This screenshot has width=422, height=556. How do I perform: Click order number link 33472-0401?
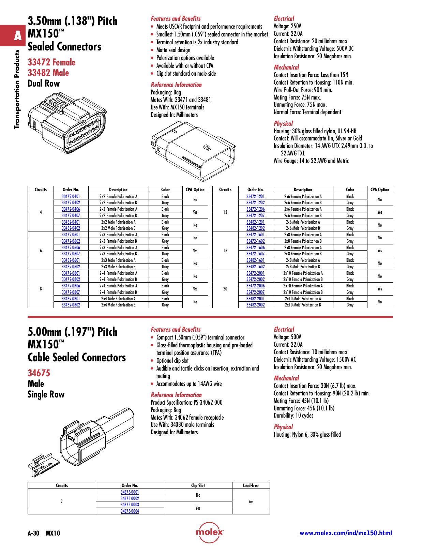(71, 196)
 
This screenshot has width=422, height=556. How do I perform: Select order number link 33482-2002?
(255, 305)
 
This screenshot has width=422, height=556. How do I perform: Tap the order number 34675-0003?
(130, 505)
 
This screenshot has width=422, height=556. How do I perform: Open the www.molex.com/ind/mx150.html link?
(346, 533)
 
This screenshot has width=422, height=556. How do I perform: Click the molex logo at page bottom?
(209, 532)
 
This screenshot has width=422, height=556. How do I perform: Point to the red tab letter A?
(18, 36)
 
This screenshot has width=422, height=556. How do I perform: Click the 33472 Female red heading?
(51, 62)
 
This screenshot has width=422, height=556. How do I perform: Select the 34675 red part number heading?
(39, 373)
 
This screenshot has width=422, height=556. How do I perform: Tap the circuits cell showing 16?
(225, 251)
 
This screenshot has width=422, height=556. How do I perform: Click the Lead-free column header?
(251, 485)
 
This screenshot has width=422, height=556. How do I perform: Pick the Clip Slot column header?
(198, 485)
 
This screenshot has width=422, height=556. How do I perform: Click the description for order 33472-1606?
(303, 247)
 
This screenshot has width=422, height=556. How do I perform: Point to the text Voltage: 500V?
(287, 337)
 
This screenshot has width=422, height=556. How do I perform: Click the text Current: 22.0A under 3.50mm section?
(288, 34)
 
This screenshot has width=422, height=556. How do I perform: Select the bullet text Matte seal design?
(173, 50)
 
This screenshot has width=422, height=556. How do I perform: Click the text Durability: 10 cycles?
(293, 416)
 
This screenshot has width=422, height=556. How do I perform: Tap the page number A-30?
(33, 533)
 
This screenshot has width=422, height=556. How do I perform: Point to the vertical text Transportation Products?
(17, 89)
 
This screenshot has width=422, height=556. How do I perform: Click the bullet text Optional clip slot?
(172, 361)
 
